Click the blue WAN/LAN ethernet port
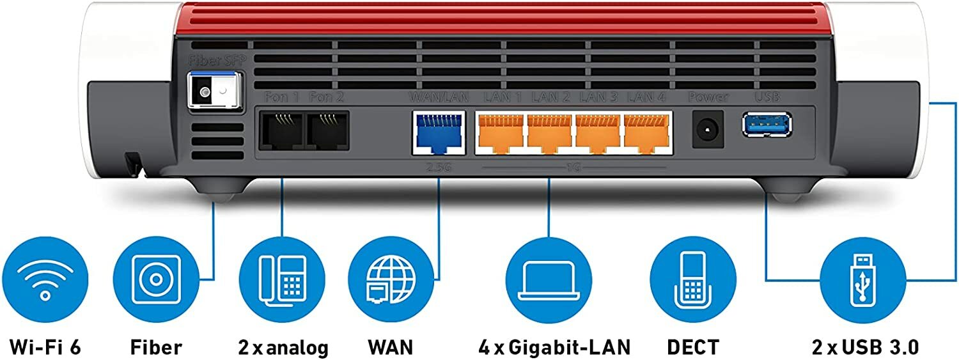(438, 133)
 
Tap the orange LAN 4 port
(647, 133)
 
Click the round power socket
(708, 128)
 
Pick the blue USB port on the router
(767, 124)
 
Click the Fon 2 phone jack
(327, 131)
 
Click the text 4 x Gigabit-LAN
(554, 347)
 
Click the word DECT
(692, 347)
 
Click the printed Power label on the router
(708, 97)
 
